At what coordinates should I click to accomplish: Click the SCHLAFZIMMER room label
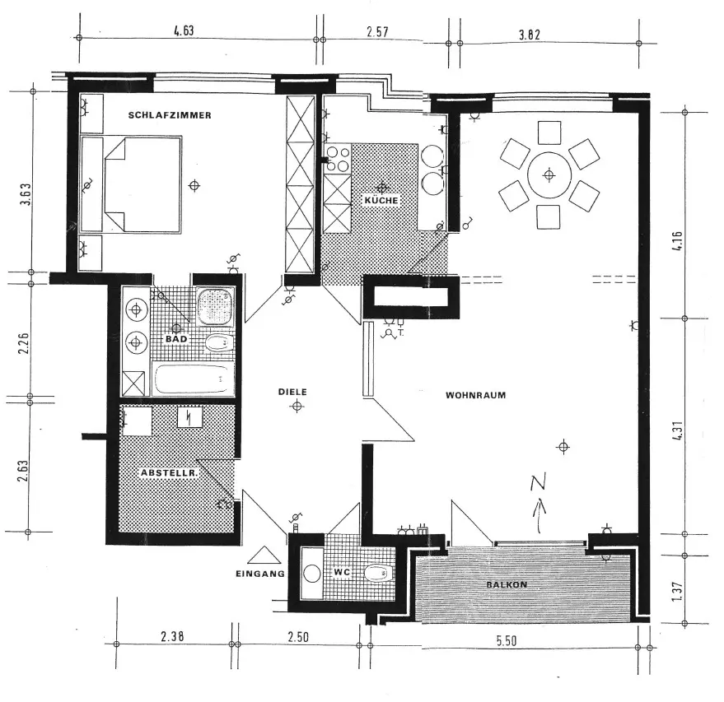coord(170,116)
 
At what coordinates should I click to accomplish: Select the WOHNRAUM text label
coord(475,395)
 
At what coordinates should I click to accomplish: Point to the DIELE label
coord(292,393)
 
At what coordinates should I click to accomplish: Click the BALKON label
coord(506,584)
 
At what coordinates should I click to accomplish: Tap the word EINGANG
coord(259,574)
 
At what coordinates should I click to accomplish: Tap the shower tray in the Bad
coord(214,306)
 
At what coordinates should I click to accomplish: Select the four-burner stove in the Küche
coord(338,159)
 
